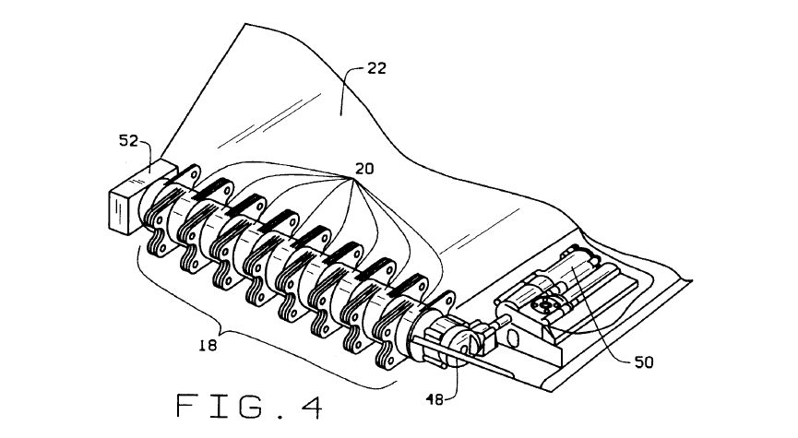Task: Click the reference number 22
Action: coord(376,68)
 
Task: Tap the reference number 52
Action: coord(128,140)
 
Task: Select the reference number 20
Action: coord(364,169)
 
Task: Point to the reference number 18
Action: coord(208,346)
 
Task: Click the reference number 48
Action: coord(435,400)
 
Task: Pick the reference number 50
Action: coord(644,362)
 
